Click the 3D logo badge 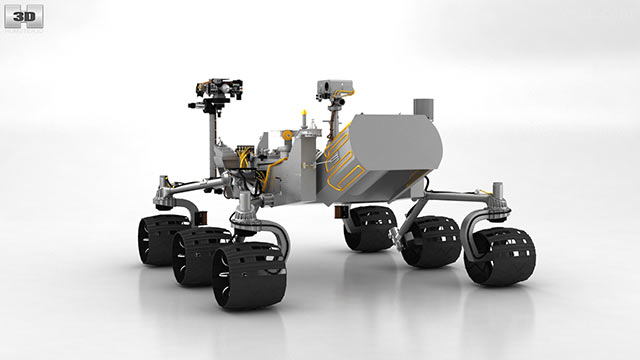coord(24,17)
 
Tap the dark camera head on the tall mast coord(220,88)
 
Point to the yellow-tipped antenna coord(303,119)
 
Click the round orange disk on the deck coord(287,134)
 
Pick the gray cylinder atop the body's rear coord(424,107)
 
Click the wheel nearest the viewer coord(249,275)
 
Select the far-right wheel coord(500,256)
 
